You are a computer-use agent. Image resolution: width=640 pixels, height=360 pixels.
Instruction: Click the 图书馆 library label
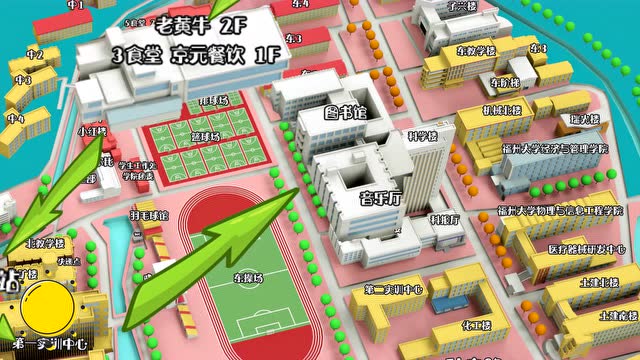point(347,111)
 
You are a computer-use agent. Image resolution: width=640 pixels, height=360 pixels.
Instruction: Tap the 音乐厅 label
point(380,198)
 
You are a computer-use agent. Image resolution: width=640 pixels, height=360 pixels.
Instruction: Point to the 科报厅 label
point(445,219)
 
